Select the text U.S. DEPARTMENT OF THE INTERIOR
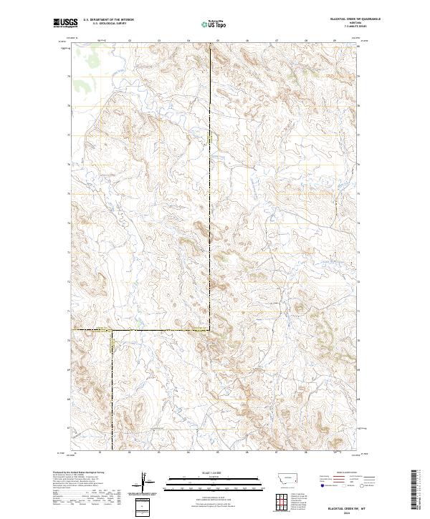pos(108,20)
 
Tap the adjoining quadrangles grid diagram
pos(282,500)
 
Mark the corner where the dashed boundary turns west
pos(210,329)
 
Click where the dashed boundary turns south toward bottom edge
pos(111,330)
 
